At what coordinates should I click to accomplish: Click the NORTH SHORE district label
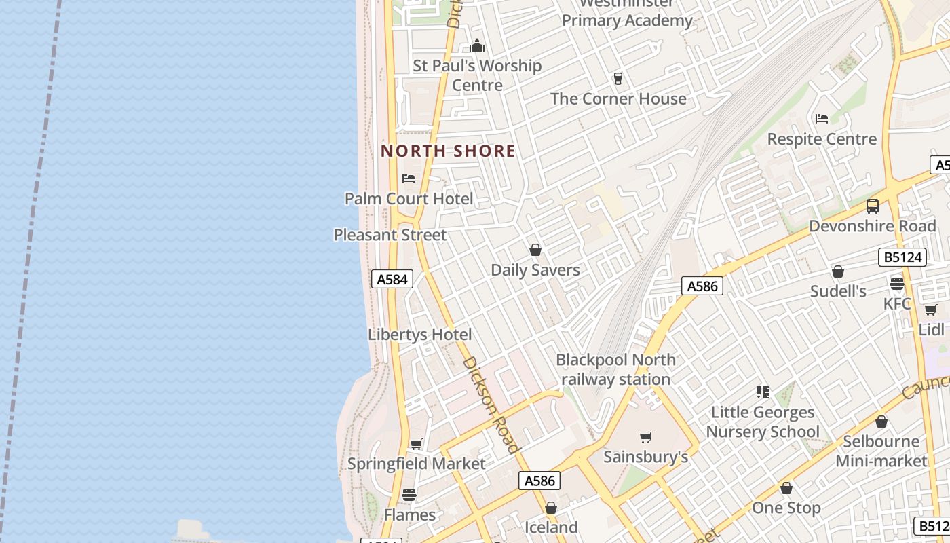(448, 151)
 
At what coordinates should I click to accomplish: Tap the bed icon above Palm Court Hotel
(408, 179)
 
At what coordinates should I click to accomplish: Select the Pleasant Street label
(390, 235)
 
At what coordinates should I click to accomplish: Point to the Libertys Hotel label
(419, 335)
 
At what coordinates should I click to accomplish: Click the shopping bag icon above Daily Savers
(535, 250)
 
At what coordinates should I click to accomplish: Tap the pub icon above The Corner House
(618, 79)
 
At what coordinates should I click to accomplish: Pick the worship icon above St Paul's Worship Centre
(477, 46)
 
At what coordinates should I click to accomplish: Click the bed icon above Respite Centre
(822, 119)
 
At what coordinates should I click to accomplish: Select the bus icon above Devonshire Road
(873, 206)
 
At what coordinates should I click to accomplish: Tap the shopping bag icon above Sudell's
(838, 271)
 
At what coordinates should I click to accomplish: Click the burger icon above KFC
(897, 284)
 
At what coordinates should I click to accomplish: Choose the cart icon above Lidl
(930, 310)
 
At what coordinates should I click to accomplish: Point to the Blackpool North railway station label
(615, 369)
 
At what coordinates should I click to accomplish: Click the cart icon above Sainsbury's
(646, 438)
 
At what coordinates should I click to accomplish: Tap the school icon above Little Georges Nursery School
(763, 392)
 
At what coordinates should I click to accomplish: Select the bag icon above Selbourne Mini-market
(881, 422)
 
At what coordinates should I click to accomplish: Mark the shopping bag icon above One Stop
(786, 488)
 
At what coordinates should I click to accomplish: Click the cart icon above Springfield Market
(416, 445)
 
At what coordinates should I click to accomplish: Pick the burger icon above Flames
(409, 495)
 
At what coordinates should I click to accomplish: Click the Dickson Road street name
(491, 405)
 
